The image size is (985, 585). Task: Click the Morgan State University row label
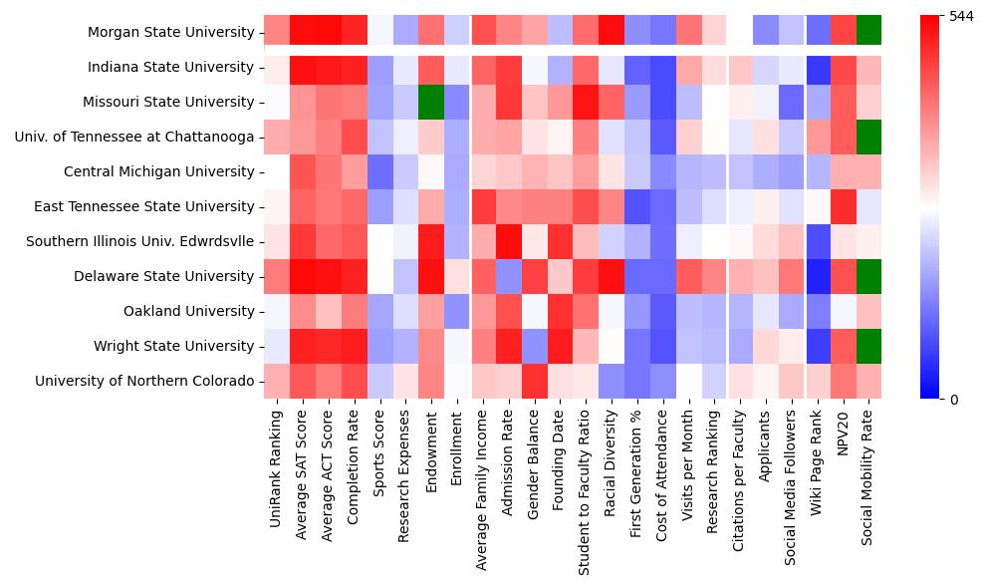170,32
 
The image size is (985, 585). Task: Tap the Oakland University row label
189,311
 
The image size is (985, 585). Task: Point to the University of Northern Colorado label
144,381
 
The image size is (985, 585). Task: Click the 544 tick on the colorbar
961,16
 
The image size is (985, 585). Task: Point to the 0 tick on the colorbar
954,400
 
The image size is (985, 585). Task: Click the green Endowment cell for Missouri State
431,102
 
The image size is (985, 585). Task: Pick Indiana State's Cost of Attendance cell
662,67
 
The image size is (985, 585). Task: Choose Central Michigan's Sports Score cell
379,171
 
